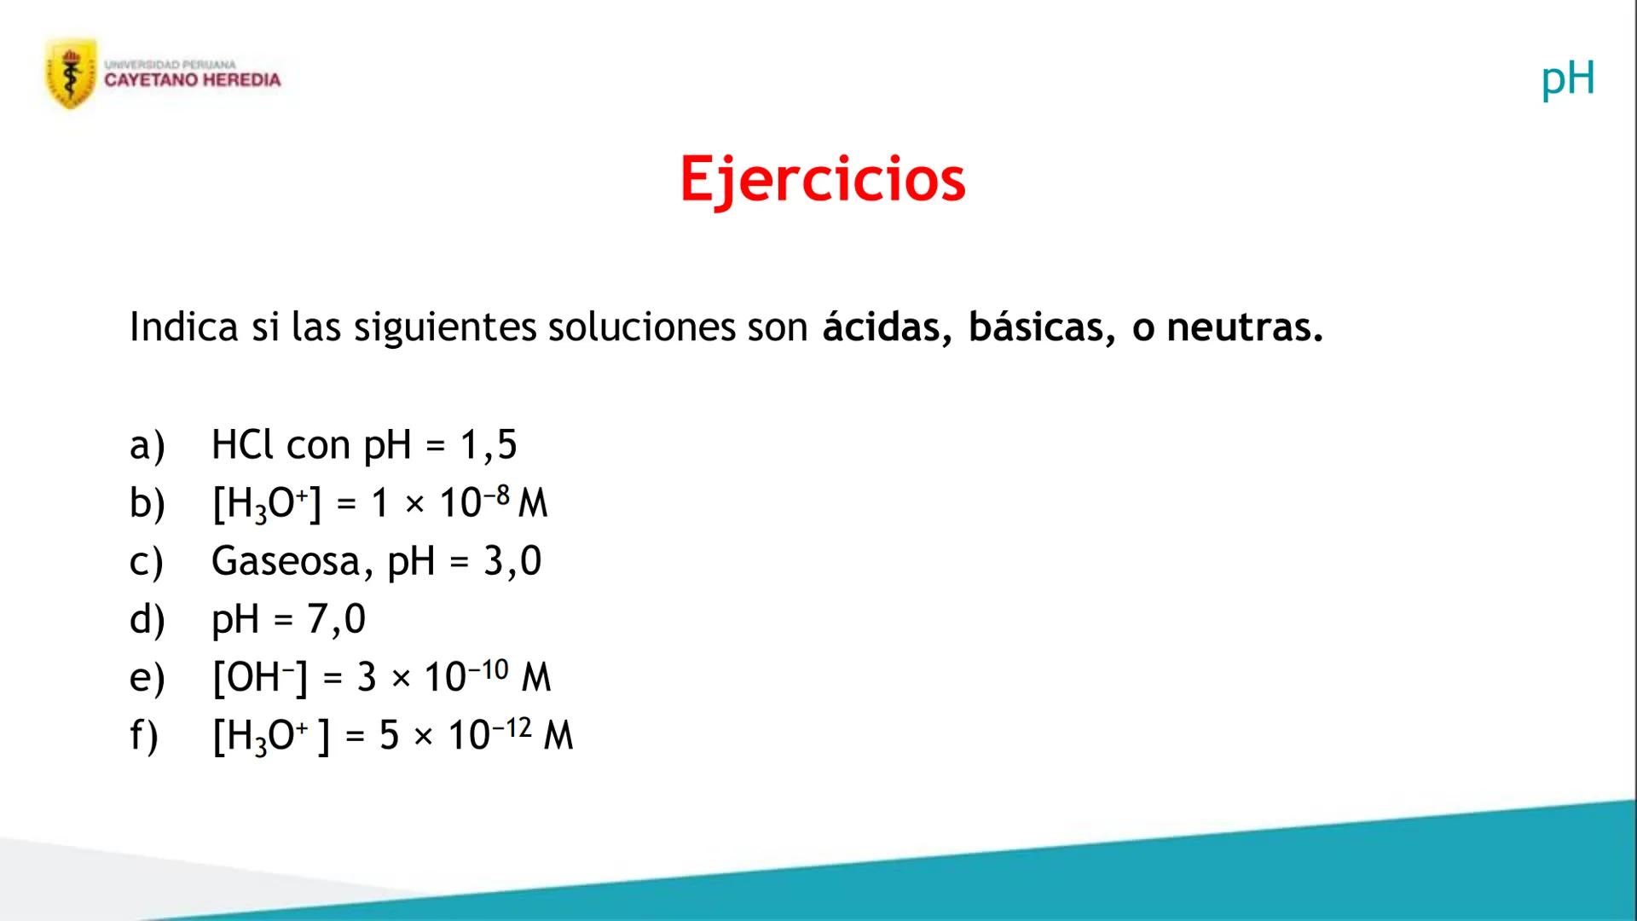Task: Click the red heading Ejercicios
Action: [x=822, y=179]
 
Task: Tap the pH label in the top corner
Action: [x=1567, y=78]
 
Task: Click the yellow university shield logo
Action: [x=71, y=73]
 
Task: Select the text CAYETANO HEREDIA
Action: [x=192, y=80]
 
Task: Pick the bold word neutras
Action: [x=1244, y=327]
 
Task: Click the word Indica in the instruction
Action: [x=183, y=327]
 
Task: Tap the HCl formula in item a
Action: [x=243, y=444]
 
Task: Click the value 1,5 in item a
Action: [x=489, y=444]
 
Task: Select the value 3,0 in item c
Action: [x=512, y=561]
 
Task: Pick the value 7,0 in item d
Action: [x=337, y=619]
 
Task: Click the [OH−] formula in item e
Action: [x=259, y=677]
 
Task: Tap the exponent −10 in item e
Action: [x=489, y=669]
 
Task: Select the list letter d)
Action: [x=147, y=619]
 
